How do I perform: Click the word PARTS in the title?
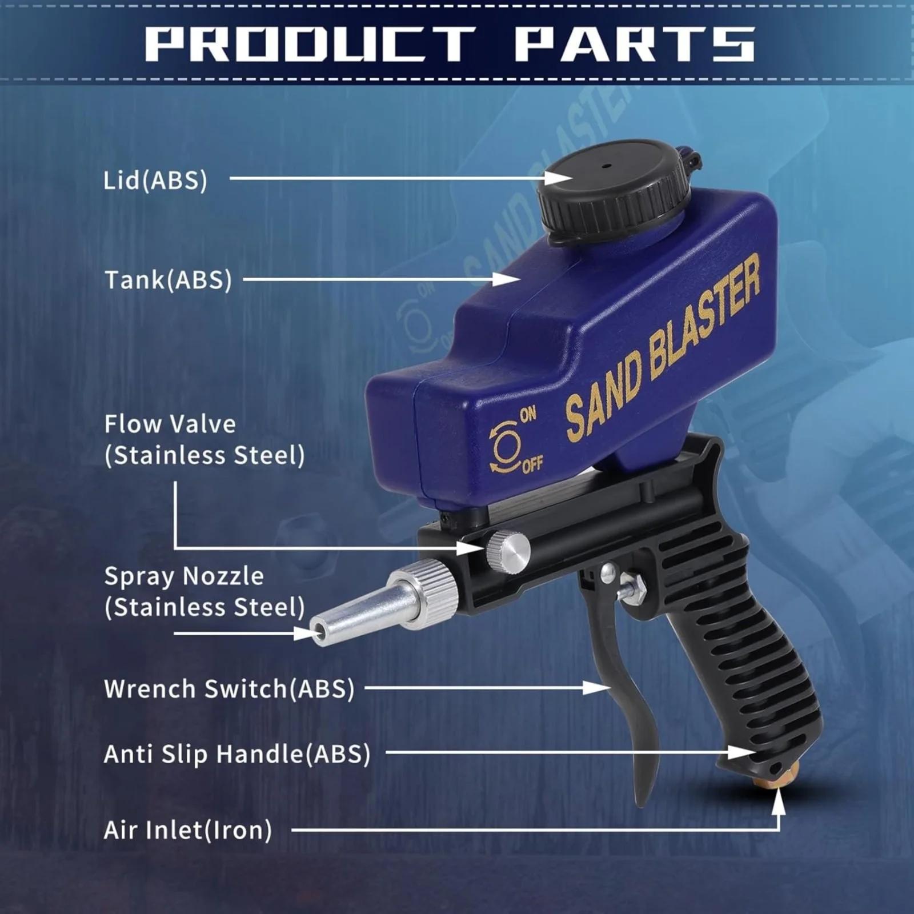pos(634,44)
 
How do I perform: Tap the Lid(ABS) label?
pos(155,181)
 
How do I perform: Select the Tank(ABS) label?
pos(168,280)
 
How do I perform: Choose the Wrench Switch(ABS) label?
pos(229,689)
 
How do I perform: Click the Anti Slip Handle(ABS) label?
pos(237,754)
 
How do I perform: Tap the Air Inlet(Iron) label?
pos(188,830)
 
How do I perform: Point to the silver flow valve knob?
pos(508,551)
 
